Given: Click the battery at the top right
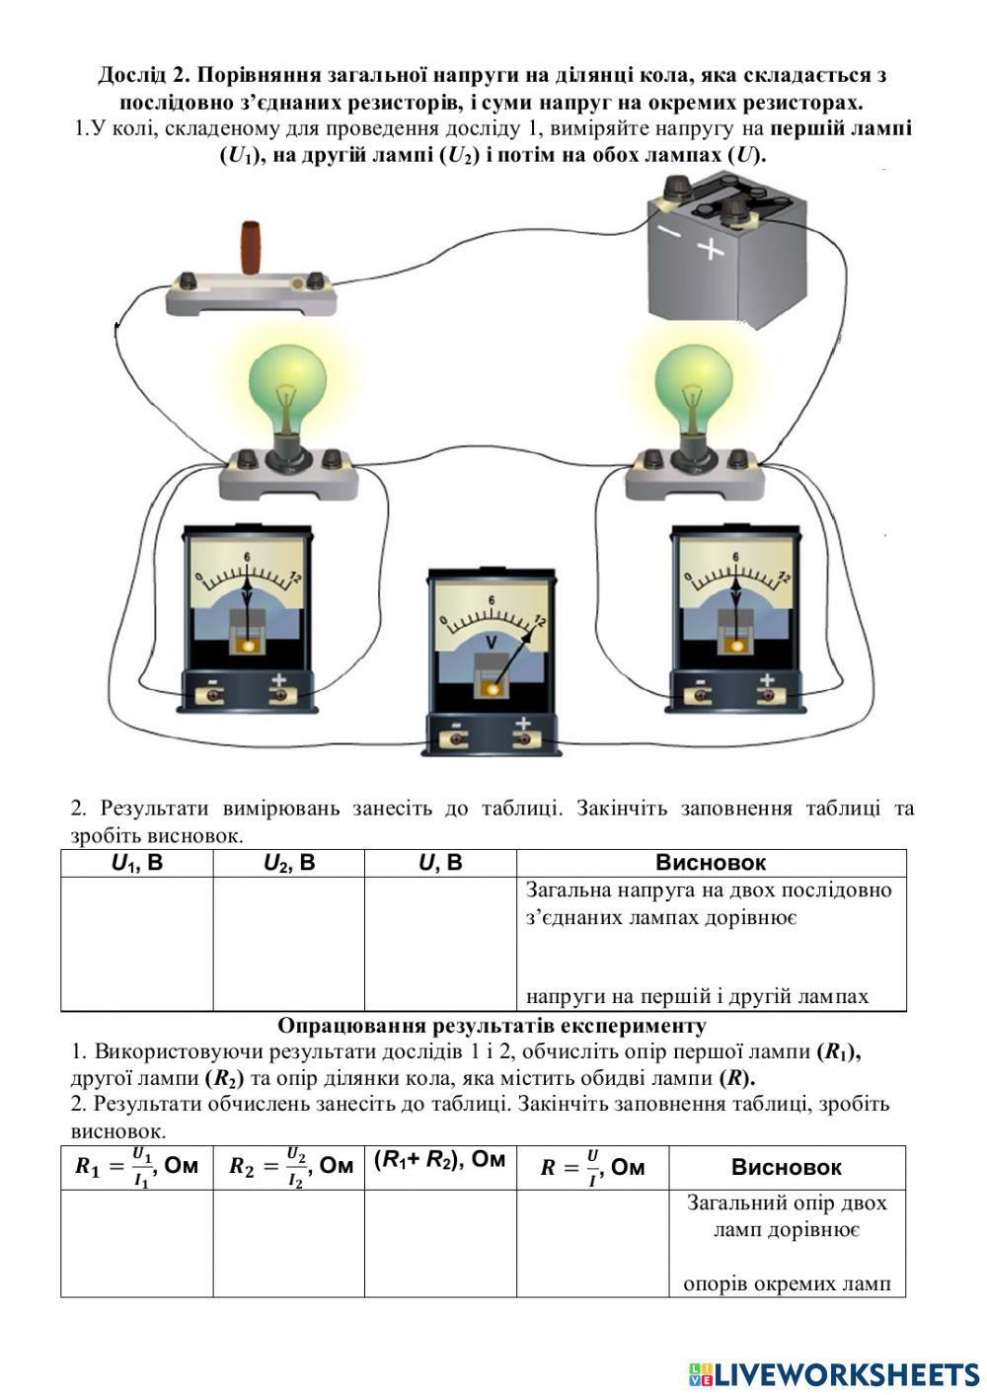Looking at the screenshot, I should pos(725,257).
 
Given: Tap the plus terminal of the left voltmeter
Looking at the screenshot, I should pos(279,694).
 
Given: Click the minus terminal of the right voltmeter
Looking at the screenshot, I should pos(701,694).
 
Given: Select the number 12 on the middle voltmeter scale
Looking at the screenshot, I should pos(539,620).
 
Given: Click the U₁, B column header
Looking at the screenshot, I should pos(136,863).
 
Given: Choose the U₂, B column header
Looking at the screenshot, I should pos(288,863).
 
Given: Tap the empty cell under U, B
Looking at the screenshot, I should pos(440,943).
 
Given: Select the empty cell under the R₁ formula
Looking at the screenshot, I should pos(136,1242).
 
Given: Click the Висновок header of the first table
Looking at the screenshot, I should pos(711,863).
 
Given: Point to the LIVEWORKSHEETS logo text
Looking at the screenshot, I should pos(846,1373).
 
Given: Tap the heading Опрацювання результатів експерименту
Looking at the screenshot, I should pos(492,1025).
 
